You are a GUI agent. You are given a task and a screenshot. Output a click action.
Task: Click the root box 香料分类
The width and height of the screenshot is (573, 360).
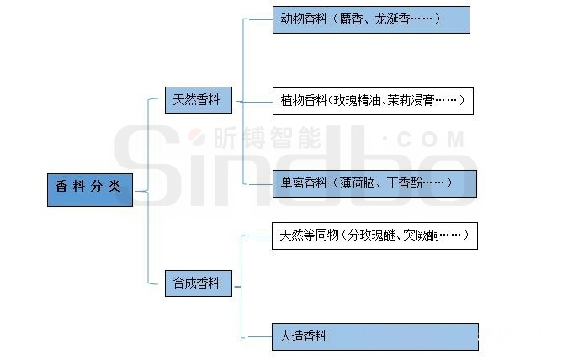pos(90,190)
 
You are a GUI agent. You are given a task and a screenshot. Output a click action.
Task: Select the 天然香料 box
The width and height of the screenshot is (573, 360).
pos(198,100)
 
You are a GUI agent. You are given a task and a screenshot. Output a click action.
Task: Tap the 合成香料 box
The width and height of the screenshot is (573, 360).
pos(198,283)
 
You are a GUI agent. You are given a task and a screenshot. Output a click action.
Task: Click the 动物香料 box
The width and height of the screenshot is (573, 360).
pos(371,19)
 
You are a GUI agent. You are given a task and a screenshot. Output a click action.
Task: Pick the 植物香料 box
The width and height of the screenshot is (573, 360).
pos(373,101)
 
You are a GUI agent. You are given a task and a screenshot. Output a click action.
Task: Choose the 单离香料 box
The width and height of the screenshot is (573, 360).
pos(374,183)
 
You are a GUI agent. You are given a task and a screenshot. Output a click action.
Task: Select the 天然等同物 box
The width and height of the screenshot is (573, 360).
pos(374,236)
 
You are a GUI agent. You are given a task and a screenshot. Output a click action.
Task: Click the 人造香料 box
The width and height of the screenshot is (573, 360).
pos(375,336)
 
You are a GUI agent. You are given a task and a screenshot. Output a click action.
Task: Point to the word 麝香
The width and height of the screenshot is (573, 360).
pos(351,19)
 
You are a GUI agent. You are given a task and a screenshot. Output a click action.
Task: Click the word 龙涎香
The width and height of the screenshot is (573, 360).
pos(391,19)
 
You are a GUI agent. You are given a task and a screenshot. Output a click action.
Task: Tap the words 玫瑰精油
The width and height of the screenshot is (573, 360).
pos(357,100)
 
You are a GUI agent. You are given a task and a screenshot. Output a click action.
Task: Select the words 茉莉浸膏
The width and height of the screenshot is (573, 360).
pos(411,100)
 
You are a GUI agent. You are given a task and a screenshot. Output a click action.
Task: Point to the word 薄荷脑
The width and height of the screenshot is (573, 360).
pos(357,183)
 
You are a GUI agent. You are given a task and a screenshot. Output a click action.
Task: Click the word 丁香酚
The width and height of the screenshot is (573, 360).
pos(405,183)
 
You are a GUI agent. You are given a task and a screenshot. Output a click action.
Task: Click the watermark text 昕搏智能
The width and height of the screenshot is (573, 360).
pos(267,137)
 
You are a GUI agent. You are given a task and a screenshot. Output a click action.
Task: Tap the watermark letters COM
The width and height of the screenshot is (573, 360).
pos(431,140)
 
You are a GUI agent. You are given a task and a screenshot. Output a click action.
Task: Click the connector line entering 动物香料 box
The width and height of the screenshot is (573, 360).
pos(261,19)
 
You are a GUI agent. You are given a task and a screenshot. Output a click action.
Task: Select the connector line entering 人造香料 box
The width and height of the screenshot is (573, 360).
pos(259,337)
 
